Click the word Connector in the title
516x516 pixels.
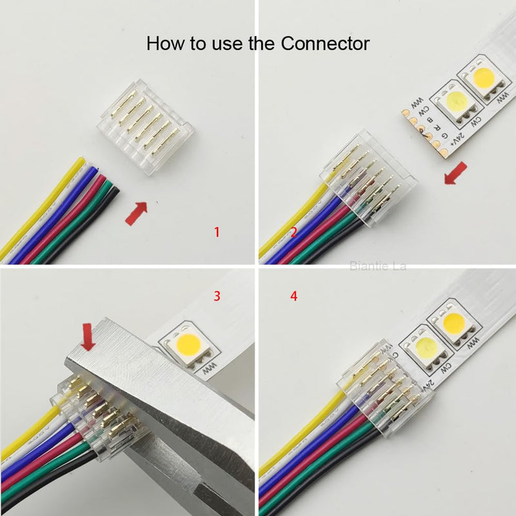click(x=324, y=44)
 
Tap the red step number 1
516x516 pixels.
click(x=217, y=232)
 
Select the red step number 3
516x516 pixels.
click(x=217, y=296)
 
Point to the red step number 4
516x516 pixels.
click(x=294, y=296)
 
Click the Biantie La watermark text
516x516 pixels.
click(x=377, y=265)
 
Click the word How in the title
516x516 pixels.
click(x=164, y=44)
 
